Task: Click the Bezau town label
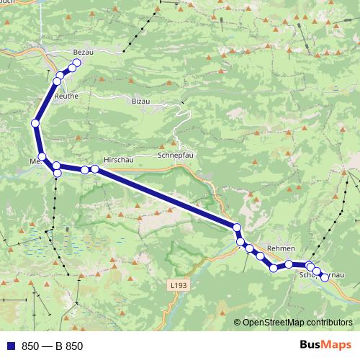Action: (84, 53)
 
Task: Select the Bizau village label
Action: (141, 102)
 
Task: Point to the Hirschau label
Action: (118, 160)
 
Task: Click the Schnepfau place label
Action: (176, 155)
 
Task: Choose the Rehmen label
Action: (281, 248)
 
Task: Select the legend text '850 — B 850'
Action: (53, 346)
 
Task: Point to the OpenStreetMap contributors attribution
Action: (297, 323)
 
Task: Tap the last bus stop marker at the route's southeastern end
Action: (324, 277)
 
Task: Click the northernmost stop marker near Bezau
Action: (76, 62)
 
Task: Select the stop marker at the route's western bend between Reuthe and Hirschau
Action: (35, 123)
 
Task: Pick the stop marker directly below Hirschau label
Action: (94, 169)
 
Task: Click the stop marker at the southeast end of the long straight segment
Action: (236, 228)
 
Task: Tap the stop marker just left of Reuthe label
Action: (57, 81)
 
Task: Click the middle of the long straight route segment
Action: (166, 198)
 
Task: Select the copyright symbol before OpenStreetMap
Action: (237, 323)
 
